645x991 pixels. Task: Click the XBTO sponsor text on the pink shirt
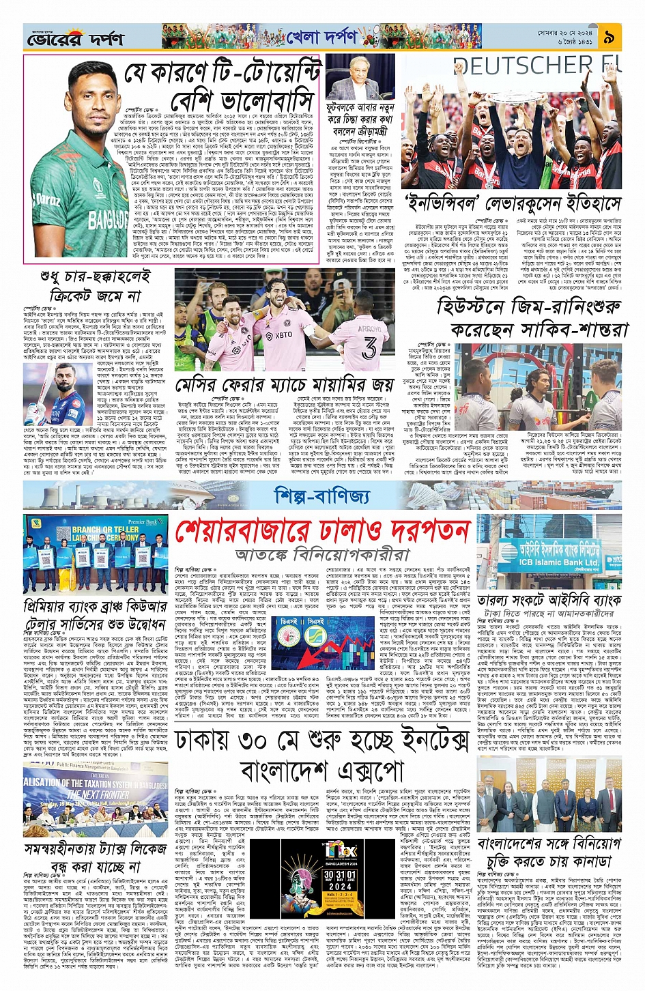(283, 335)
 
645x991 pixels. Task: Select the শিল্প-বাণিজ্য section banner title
(322, 496)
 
